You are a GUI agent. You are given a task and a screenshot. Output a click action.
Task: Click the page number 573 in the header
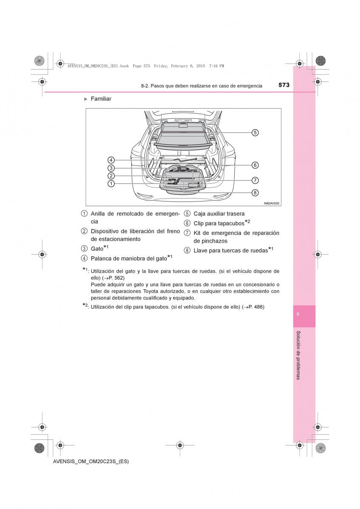pyautogui.click(x=284, y=85)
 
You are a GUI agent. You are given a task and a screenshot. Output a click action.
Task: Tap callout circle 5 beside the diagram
pyautogui.click(x=255, y=132)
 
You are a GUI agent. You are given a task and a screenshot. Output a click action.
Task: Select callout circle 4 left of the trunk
pyautogui.click(x=111, y=160)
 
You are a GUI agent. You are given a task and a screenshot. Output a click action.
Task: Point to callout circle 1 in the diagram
pyautogui.click(x=111, y=184)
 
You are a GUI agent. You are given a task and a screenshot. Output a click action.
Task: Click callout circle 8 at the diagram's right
pyautogui.click(x=255, y=193)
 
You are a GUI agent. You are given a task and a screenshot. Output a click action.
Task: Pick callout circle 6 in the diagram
pyautogui.click(x=255, y=165)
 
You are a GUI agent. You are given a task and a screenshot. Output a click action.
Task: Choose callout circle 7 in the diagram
pyautogui.click(x=255, y=180)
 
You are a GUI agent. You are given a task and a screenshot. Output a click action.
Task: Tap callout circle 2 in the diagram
pyautogui.click(x=111, y=176)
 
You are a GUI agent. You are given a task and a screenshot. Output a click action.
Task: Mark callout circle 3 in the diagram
pyautogui.click(x=111, y=168)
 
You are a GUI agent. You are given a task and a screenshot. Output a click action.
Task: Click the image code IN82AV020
pyautogui.click(x=271, y=204)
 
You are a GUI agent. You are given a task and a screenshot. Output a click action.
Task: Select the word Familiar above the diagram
pyautogui.click(x=101, y=99)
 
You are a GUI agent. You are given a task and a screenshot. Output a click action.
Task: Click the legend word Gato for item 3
pyautogui.click(x=97, y=249)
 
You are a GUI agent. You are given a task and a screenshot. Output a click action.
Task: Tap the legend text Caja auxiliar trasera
pyautogui.click(x=219, y=214)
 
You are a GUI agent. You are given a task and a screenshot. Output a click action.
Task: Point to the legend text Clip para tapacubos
pyautogui.click(x=219, y=223)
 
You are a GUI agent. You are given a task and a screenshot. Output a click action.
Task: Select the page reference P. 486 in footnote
pyautogui.click(x=254, y=307)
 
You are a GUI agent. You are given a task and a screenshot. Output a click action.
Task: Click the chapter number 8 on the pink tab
pyautogui.click(x=298, y=314)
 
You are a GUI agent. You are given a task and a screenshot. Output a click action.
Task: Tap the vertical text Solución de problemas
pyautogui.click(x=298, y=355)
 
